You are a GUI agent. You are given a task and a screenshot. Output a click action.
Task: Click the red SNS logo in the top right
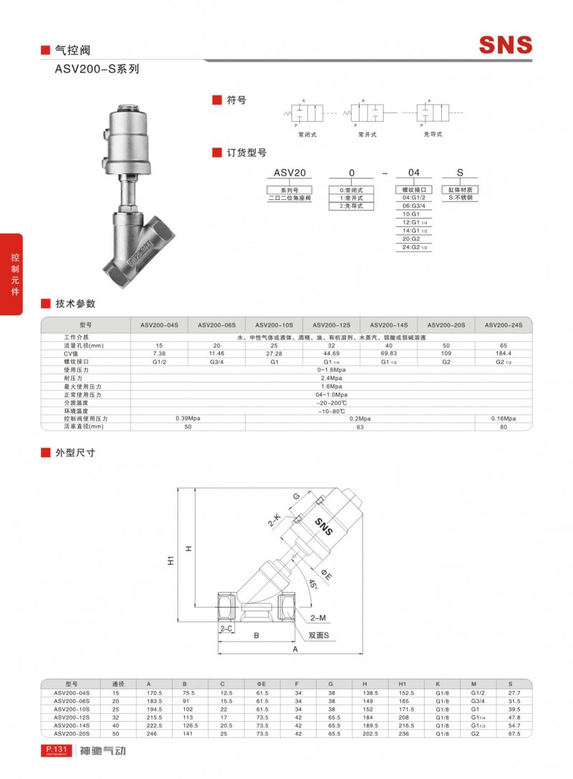click(x=506, y=45)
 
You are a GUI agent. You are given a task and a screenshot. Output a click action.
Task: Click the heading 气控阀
click(x=72, y=51)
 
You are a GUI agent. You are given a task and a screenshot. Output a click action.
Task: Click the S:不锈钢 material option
click(x=461, y=197)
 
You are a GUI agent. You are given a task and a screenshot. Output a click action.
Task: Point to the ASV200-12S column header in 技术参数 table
click(x=331, y=325)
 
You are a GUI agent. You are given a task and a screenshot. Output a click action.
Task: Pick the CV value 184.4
click(x=503, y=353)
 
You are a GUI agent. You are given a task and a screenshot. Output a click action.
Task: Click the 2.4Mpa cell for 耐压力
click(x=331, y=378)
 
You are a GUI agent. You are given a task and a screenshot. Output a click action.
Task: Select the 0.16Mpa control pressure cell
click(x=503, y=418)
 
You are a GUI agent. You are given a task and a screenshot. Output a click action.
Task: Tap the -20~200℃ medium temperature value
click(x=331, y=402)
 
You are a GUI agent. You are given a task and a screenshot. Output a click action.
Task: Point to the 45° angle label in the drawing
click(x=313, y=586)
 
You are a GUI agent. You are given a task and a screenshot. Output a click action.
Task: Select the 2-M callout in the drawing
click(x=319, y=617)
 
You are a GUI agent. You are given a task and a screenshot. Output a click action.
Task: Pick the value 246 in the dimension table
click(x=151, y=733)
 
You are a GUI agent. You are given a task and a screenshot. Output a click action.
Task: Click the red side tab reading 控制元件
click(x=14, y=273)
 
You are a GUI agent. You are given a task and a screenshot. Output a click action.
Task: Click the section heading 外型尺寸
click(x=75, y=453)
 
